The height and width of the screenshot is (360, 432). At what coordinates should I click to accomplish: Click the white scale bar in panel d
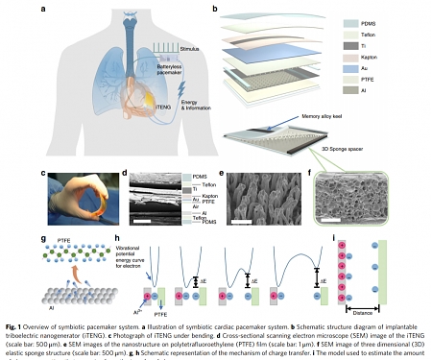(x=143, y=219)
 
